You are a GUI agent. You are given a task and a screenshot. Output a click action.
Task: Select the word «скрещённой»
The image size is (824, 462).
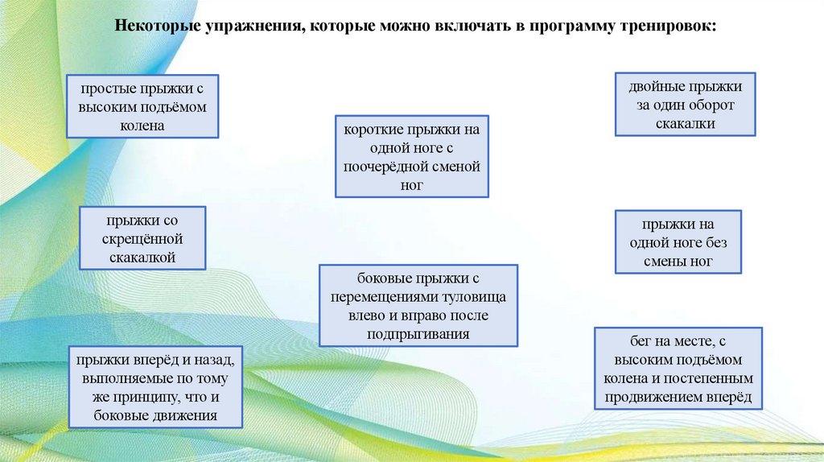click(x=142, y=239)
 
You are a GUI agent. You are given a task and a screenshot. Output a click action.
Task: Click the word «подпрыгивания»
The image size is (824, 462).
click(x=418, y=333)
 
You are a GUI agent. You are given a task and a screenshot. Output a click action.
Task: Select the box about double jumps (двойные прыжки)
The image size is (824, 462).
click(x=685, y=105)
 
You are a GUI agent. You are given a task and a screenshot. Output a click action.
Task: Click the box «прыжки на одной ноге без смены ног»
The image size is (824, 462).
click(x=678, y=242)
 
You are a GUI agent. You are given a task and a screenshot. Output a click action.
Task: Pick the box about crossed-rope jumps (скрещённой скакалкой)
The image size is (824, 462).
click(x=142, y=238)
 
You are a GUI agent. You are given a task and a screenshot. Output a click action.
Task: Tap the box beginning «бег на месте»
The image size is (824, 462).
click(x=678, y=369)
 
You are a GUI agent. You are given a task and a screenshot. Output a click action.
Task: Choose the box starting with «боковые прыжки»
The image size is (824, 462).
click(x=418, y=306)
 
